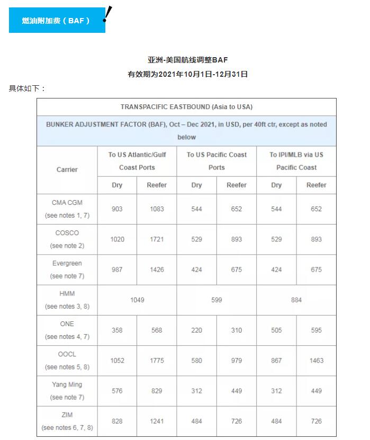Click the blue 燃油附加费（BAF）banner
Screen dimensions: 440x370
[57, 21]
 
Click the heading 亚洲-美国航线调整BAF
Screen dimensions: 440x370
[187, 60]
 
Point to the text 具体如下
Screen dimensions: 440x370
[27, 88]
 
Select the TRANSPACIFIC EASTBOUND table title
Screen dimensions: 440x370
[186, 107]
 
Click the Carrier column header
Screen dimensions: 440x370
[67, 169]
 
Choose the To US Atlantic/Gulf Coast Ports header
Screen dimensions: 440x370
[137, 161]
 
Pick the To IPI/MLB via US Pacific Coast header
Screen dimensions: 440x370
[296, 161]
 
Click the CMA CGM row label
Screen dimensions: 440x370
[67, 203]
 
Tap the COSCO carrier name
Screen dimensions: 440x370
[67, 233]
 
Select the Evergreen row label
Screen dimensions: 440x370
[67, 263]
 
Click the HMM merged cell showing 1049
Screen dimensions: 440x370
[137, 300]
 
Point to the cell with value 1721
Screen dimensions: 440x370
[157, 239]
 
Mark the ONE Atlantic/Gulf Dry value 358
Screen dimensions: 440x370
[117, 330]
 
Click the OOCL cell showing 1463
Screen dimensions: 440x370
[316, 361]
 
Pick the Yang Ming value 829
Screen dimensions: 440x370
[157, 391]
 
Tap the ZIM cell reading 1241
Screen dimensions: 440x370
[157, 421]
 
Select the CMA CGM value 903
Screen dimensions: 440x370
[117, 209]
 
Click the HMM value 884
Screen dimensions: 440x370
[296, 300]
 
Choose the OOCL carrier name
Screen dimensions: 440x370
[67, 354]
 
